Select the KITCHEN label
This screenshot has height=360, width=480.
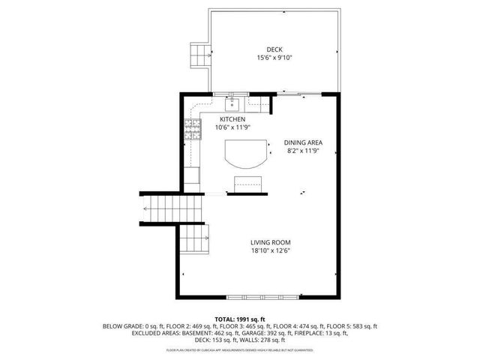point(232,119)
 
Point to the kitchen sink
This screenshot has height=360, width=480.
point(233,100)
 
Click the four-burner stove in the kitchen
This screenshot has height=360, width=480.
point(193,130)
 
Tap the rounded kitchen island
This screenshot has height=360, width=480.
point(244,155)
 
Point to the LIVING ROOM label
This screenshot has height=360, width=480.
point(270,242)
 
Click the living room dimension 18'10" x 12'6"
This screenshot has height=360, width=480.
point(270,250)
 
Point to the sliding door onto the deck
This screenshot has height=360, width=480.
point(300,93)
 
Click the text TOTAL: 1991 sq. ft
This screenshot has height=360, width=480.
point(240,319)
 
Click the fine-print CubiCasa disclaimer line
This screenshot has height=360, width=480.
point(240,349)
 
